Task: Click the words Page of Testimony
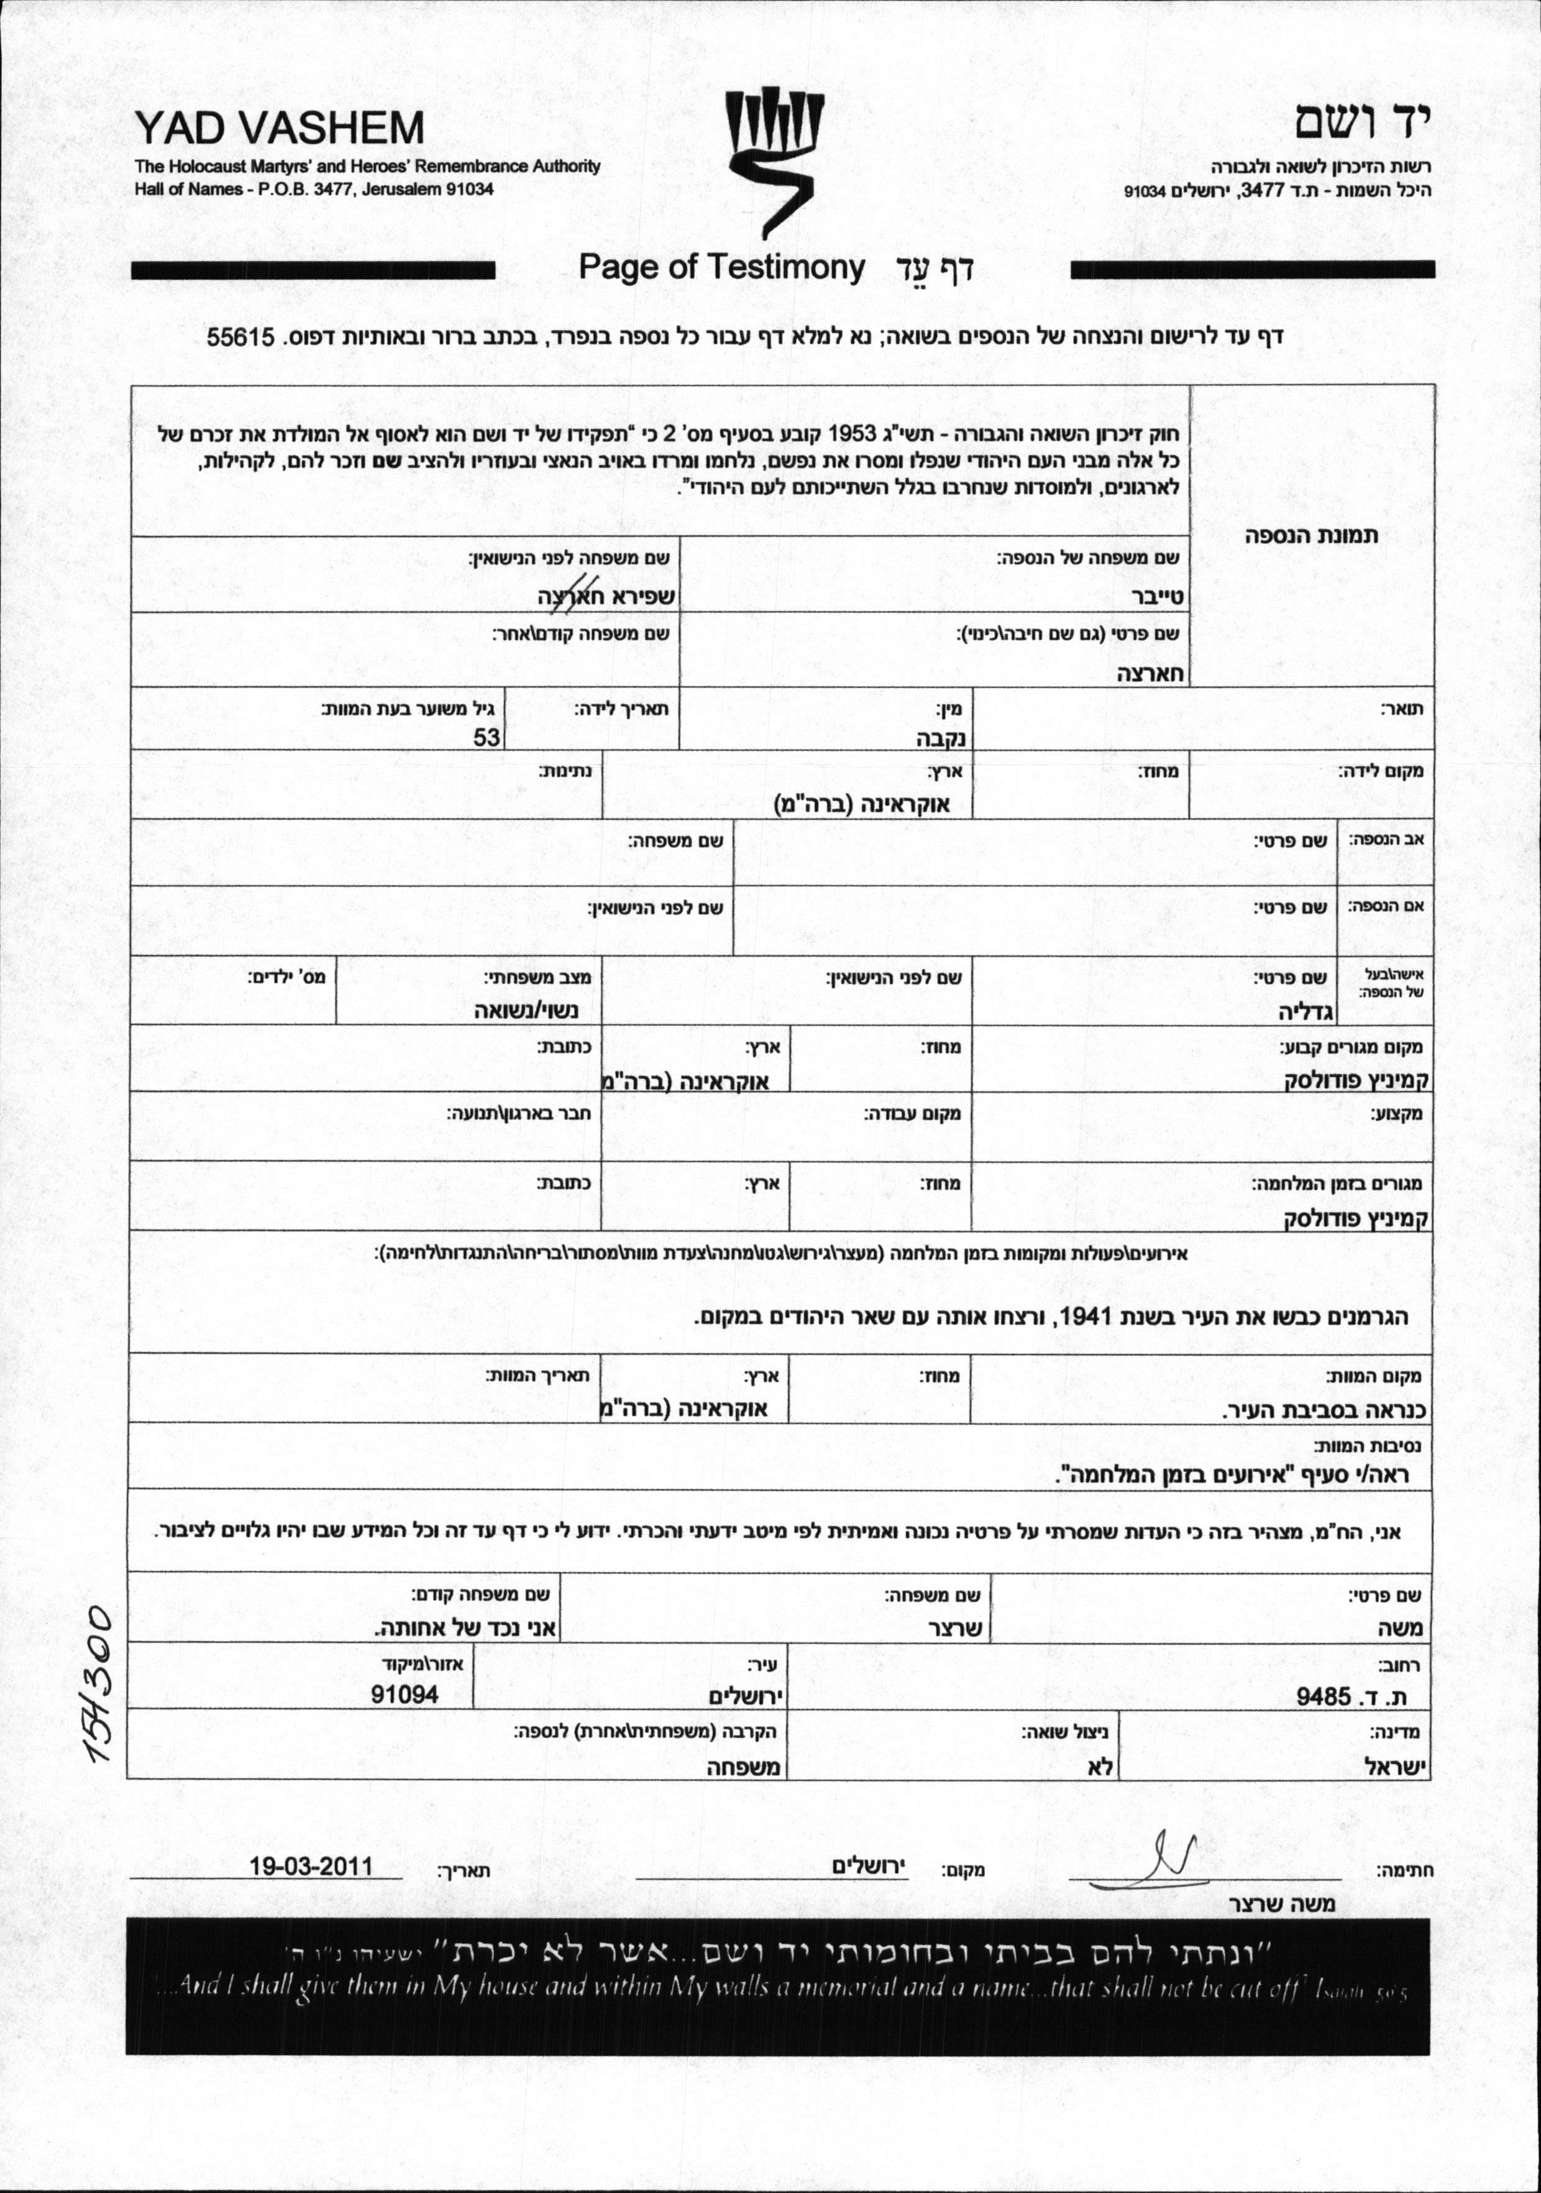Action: pos(721,267)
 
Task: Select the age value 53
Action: pos(487,737)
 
